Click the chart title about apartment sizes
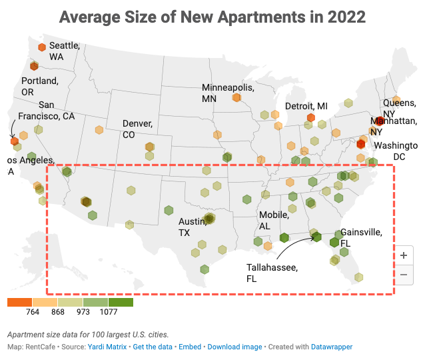point(211,17)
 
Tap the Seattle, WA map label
point(65,51)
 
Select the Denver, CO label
point(137,129)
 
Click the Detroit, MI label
point(306,106)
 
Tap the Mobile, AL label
point(274,221)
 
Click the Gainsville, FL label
point(360,237)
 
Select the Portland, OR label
point(39,86)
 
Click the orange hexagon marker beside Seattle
point(41,47)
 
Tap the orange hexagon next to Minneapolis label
point(236,97)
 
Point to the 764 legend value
point(33,312)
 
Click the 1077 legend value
point(109,312)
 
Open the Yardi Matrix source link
point(109,347)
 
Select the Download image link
point(234,347)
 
